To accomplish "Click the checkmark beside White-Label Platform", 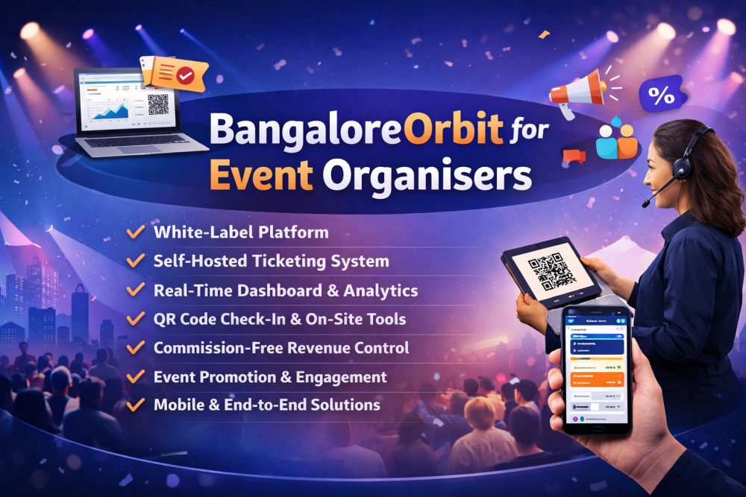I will [136, 232].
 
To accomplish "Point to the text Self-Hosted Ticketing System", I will [271, 261].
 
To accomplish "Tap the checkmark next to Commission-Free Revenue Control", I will [136, 348].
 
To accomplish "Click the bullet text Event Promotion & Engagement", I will [270, 377].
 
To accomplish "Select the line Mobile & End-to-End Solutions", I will [266, 405].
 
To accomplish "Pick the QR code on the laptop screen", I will [158, 104].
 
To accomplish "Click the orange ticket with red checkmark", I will [175, 75].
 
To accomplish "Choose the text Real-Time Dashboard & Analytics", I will [285, 291].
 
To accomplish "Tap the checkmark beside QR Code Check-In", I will [136, 319].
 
